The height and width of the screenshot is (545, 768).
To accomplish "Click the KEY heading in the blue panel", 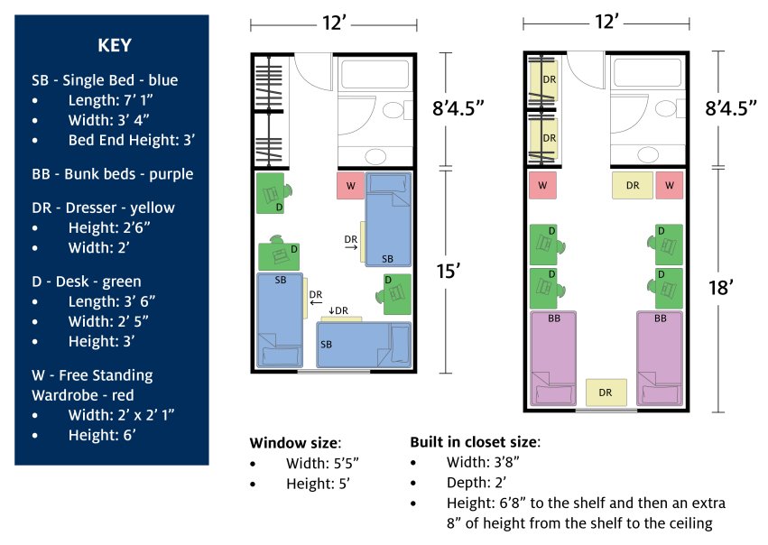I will [112, 46].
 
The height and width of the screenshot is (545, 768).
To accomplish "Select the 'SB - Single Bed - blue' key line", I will [105, 80].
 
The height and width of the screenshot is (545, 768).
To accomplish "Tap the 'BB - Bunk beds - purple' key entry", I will [112, 173].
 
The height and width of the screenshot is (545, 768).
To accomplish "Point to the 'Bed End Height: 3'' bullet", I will [131, 140].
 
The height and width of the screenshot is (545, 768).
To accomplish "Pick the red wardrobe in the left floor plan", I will [350, 185].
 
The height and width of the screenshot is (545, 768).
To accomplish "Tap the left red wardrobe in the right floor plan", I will [542, 185].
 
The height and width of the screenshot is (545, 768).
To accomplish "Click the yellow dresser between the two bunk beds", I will [605, 392].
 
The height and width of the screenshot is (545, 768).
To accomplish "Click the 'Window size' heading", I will [294, 442].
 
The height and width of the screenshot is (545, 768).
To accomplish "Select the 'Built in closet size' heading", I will [475, 442].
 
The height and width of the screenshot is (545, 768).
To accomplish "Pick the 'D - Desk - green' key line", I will [87, 282].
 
